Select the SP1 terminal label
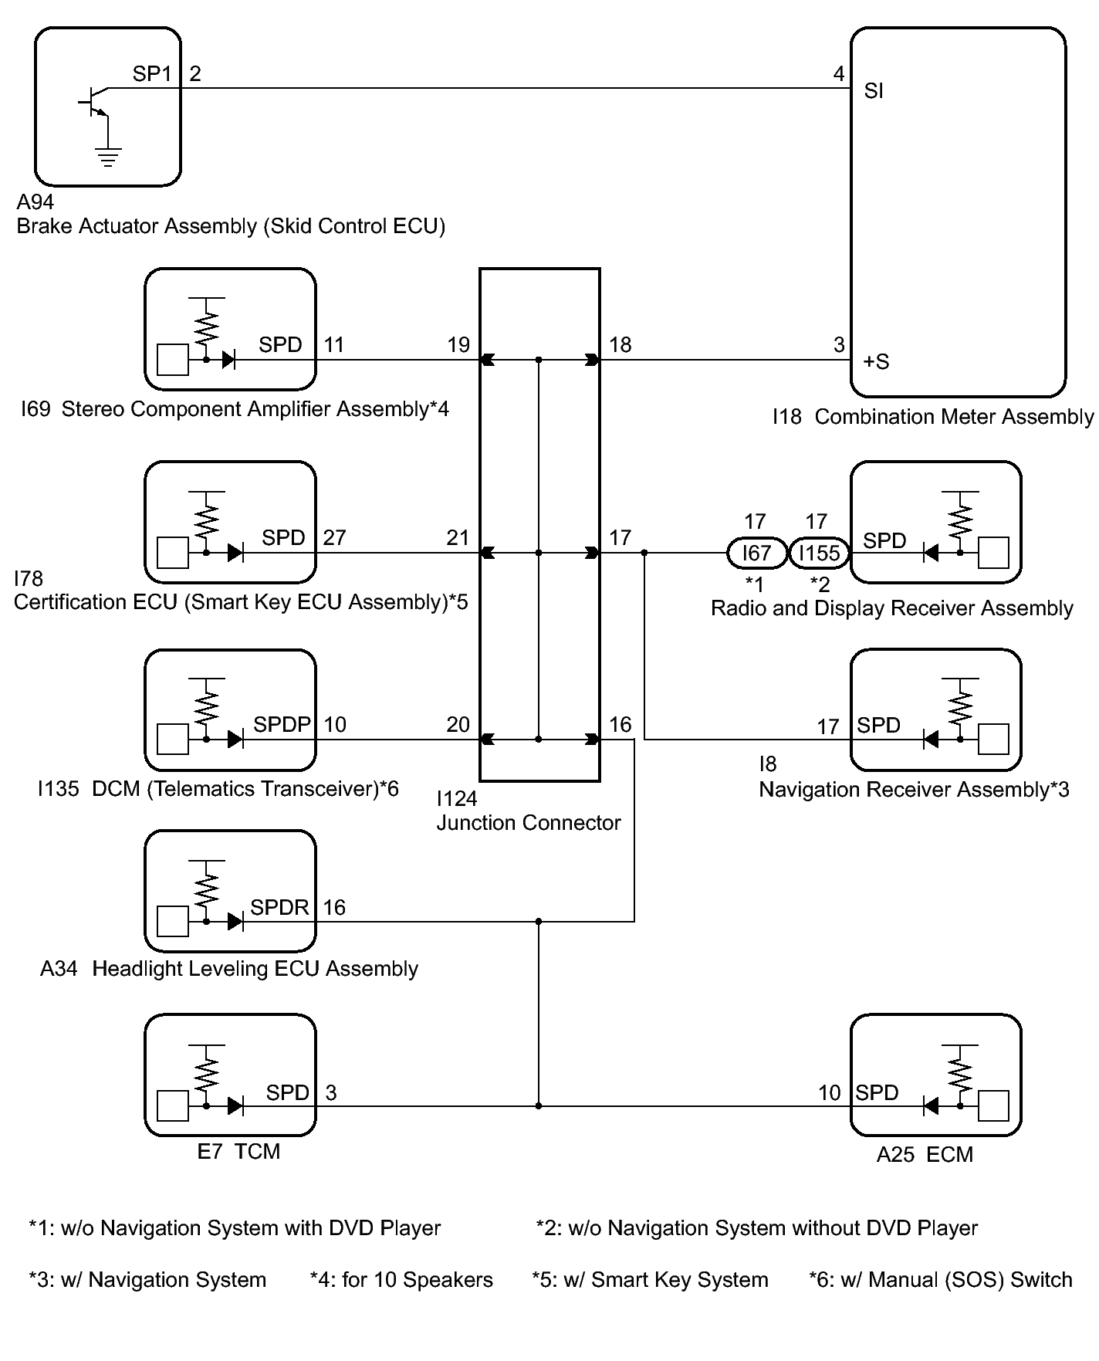151,74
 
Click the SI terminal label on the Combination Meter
874,91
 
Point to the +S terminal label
876,361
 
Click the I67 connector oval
756,553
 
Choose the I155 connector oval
819,553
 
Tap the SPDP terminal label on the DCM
282,724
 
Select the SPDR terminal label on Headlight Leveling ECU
279,907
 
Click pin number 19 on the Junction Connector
458,344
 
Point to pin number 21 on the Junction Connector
458,537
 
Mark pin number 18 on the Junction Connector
620,344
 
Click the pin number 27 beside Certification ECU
334,537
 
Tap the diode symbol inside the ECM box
931,1106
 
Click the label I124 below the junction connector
457,798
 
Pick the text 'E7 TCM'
238,1151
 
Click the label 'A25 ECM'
925,1154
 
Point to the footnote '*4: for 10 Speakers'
401,1280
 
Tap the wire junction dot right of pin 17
644,553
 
